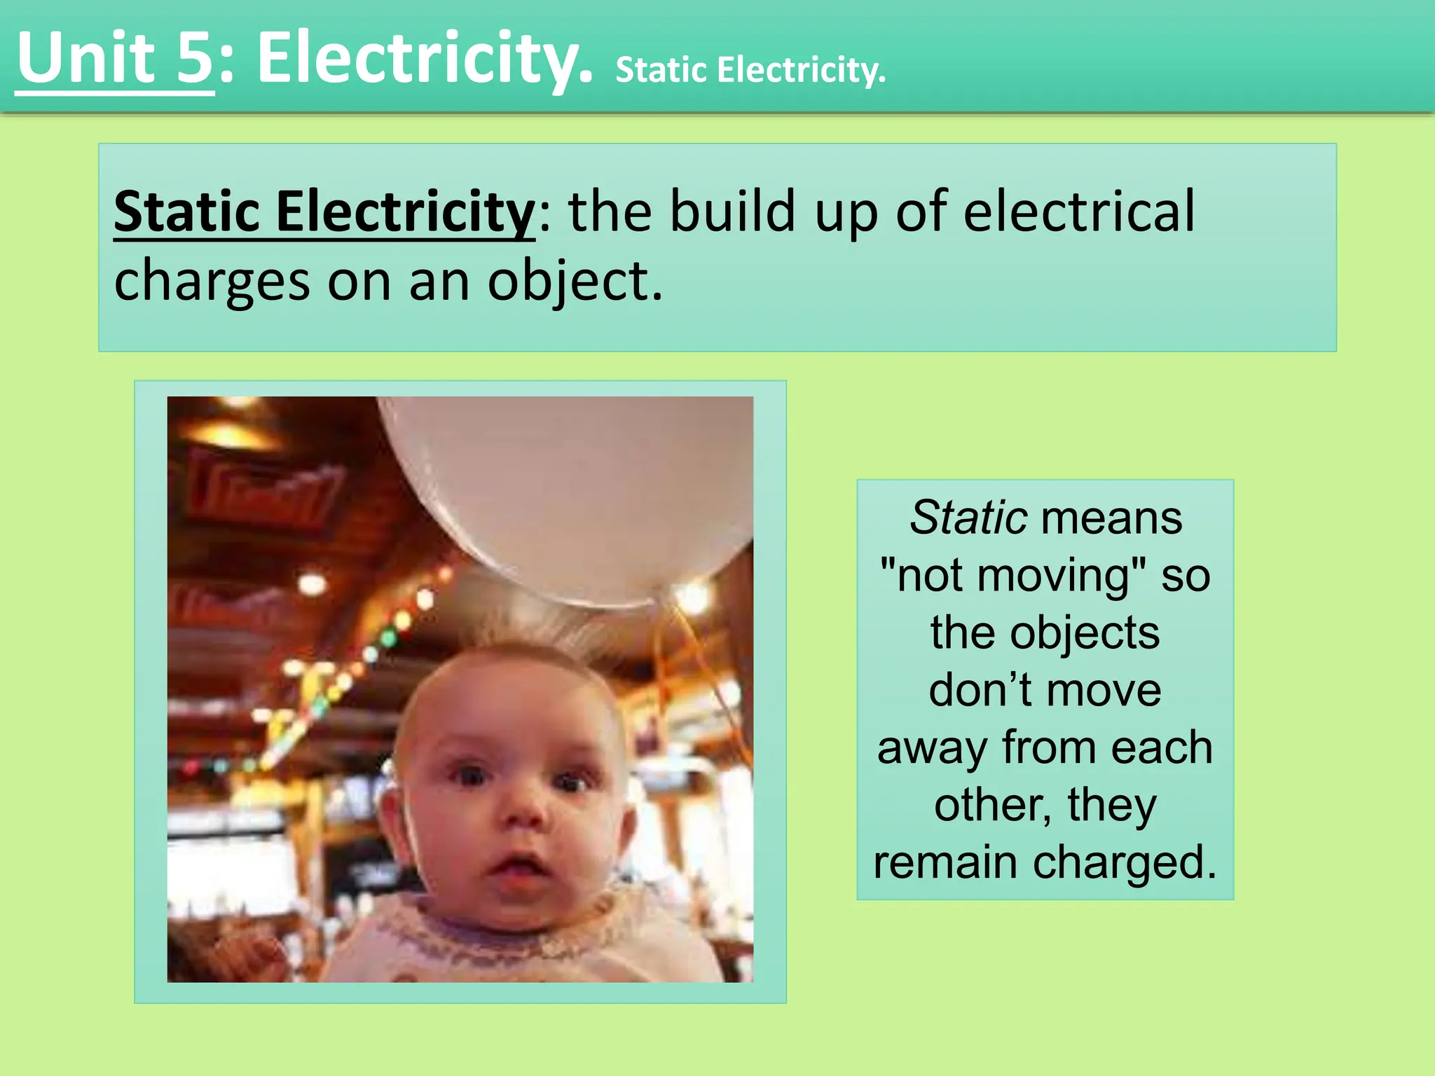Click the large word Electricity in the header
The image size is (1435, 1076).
point(425,59)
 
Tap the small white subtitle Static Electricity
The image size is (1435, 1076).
point(750,70)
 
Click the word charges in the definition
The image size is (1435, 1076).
point(212,281)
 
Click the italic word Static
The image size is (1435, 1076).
point(968,518)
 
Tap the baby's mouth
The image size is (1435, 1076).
point(516,869)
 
